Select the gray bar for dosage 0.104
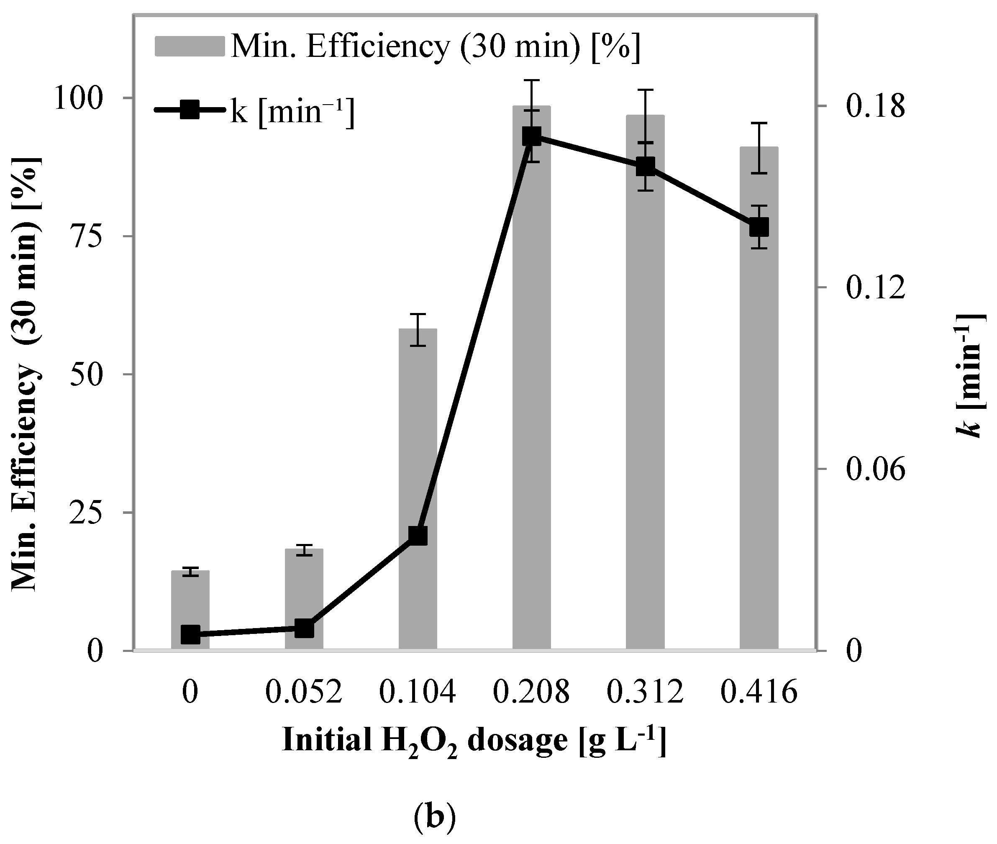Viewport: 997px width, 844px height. pyautogui.click(x=418, y=488)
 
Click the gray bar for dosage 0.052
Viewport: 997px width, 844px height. pyautogui.click(x=304, y=598)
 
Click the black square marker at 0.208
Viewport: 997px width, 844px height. pyautogui.click(x=531, y=136)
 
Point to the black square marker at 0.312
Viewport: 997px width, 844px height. pyautogui.click(x=646, y=167)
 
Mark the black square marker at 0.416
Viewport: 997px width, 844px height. pyautogui.click(x=759, y=227)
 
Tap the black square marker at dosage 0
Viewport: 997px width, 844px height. pyautogui.click(x=190, y=634)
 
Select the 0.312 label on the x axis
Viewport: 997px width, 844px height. pyautogui.click(x=646, y=692)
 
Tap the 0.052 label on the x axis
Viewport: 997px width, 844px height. pyautogui.click(x=304, y=692)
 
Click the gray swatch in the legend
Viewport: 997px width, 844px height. pyautogui.click(x=190, y=46)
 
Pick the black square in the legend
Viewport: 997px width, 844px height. pyautogui.click(x=190, y=110)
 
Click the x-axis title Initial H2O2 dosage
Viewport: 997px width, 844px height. pyautogui.click(x=474, y=741)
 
